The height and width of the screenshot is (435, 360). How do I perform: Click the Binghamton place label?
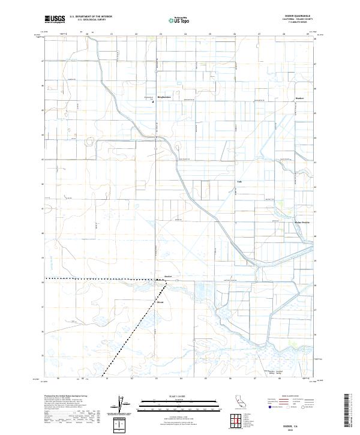[x=164, y=97]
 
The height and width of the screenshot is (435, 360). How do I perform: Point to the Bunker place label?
[x=300, y=98]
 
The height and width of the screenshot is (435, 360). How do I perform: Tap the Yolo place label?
[x=239, y=182]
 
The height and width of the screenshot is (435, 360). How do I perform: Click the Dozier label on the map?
[x=169, y=277]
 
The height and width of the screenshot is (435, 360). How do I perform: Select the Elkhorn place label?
[x=160, y=302]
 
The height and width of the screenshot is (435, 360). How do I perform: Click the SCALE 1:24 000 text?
[x=179, y=394]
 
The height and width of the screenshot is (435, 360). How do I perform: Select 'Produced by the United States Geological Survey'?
[x=64, y=397]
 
